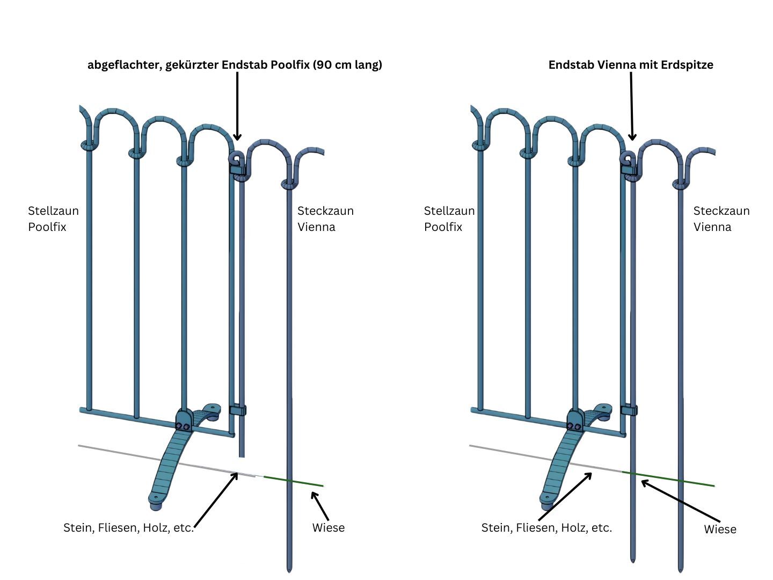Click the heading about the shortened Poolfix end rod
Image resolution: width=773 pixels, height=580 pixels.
pos(235,65)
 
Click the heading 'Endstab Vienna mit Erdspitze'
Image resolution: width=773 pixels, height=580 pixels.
pos(631,65)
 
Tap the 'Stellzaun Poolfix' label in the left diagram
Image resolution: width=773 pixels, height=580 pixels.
pos(53,219)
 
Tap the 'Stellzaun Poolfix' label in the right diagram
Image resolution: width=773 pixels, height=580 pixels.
pos(449,219)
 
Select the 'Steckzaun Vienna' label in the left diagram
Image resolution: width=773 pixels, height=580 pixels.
pos(325,219)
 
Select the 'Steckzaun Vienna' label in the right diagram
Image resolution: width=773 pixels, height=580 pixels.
pos(721,219)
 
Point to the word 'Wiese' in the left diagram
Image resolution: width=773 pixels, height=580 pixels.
pos(329,528)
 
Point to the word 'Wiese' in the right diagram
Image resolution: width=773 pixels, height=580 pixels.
pos(720,530)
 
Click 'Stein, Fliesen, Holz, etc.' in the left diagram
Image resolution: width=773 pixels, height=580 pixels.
pos(128,528)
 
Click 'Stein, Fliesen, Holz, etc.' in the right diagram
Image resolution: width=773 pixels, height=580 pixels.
pos(546,528)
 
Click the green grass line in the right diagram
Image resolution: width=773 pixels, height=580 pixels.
pos(671,479)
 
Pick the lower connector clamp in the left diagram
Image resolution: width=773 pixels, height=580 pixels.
pos(238,410)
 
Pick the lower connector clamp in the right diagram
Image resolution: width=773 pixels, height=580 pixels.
pos(629,410)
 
